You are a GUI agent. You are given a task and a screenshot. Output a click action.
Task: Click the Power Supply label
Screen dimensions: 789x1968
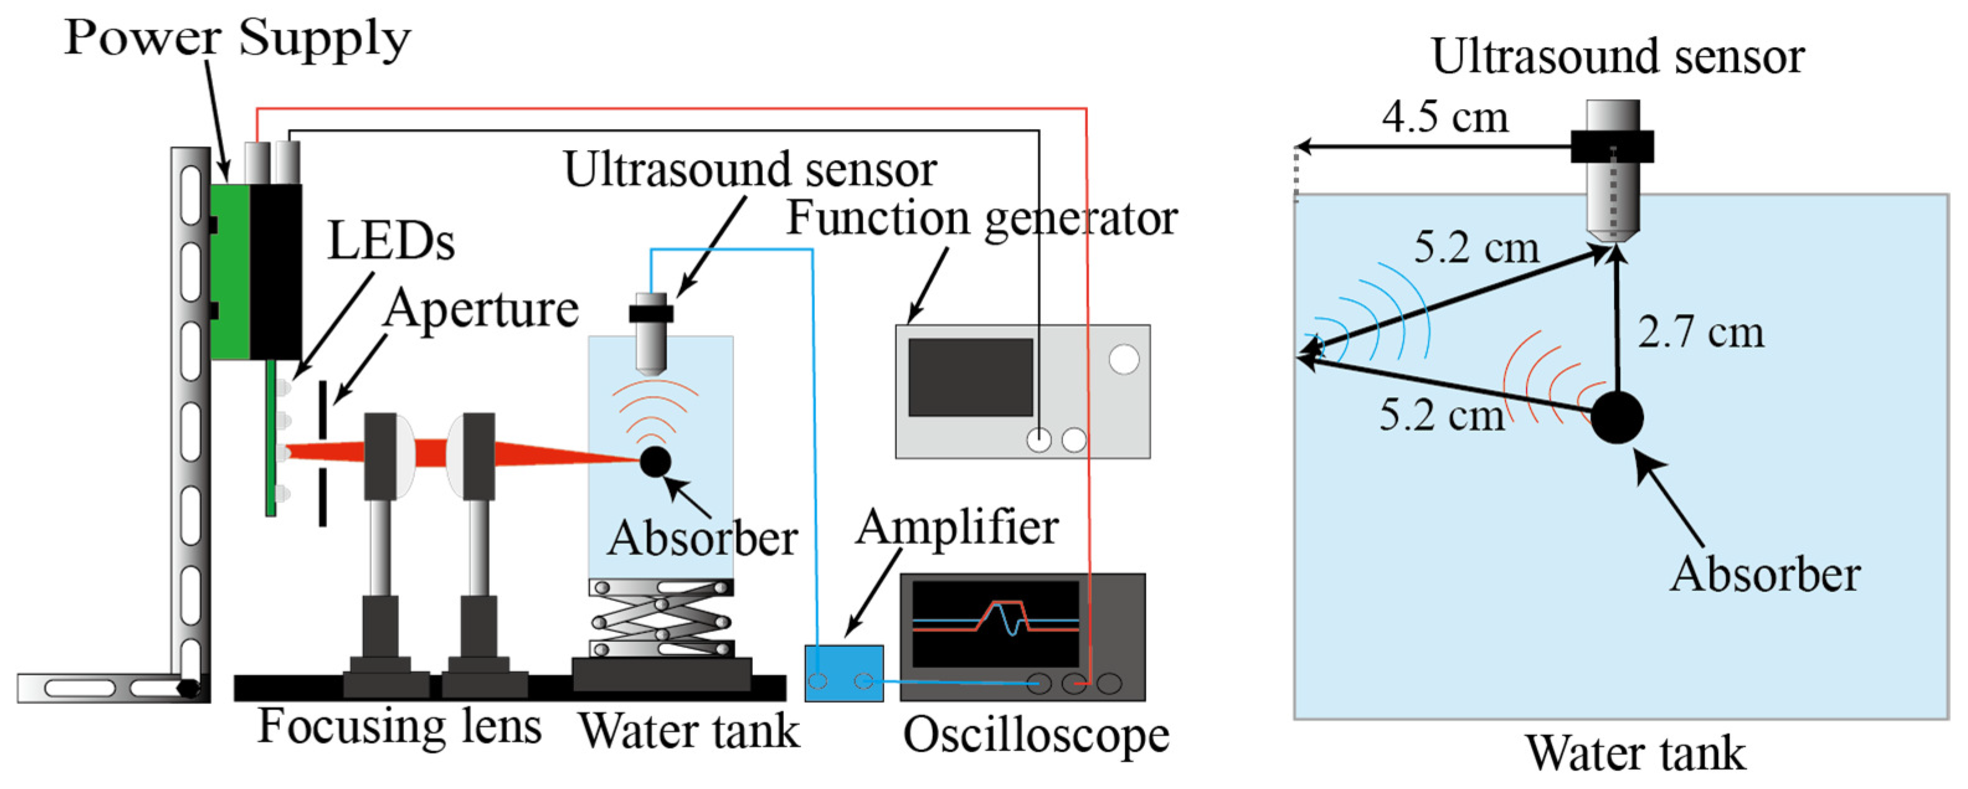pos(237,38)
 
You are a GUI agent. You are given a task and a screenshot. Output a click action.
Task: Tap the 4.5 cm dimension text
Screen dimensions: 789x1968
pos(1445,118)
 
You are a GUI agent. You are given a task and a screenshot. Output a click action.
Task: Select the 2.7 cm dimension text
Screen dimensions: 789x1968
pos(1701,332)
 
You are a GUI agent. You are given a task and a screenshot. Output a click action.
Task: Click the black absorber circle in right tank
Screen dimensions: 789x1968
pos(1617,417)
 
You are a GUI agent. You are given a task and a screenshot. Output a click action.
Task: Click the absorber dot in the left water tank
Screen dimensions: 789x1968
pos(655,461)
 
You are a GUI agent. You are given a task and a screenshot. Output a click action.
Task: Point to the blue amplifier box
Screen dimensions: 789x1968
pos(843,673)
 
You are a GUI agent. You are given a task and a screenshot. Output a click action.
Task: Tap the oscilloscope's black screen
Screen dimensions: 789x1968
pos(995,623)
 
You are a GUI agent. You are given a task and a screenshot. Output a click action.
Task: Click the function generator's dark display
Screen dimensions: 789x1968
pos(970,377)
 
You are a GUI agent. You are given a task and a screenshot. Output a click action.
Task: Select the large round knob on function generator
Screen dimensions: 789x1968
pos(1123,359)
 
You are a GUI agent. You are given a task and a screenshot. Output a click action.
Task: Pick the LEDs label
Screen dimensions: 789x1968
pos(390,242)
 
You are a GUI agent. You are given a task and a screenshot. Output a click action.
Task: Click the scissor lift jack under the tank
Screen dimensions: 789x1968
pos(662,618)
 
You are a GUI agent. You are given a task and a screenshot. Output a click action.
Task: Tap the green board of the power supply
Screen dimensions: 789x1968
pos(229,271)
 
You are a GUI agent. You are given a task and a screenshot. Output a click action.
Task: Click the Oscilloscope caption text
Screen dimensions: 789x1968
pos(1035,736)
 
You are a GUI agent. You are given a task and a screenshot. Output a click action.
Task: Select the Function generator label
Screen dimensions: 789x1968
pos(982,219)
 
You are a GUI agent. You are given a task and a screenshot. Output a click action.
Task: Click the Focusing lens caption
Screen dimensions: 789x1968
pos(399,726)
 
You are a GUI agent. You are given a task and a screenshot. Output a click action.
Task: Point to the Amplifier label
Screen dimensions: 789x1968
pos(956,528)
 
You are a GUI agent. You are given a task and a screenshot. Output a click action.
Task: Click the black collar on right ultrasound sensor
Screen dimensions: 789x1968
pos(1612,146)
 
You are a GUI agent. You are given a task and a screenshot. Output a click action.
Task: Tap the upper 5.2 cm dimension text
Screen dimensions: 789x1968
pos(1475,248)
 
